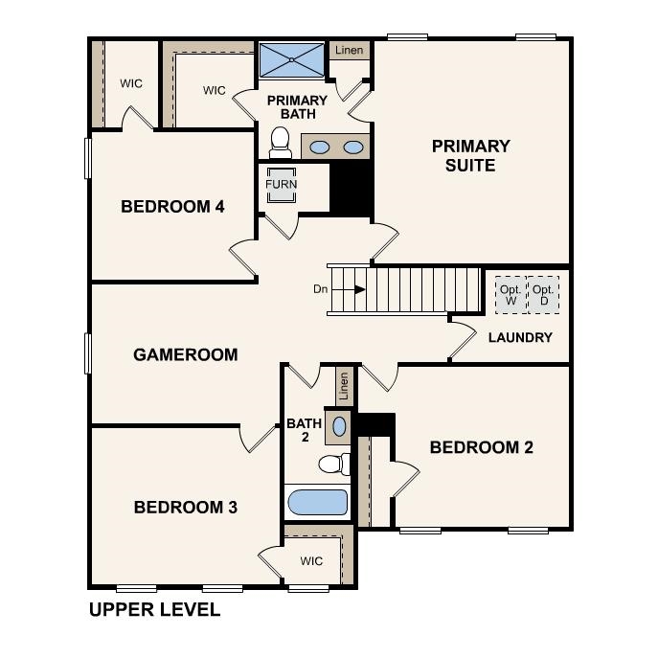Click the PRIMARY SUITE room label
coord(470,156)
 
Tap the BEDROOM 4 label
coord(172,206)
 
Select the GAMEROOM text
coord(185,354)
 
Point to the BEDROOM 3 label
coord(185,507)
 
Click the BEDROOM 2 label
coord(481,447)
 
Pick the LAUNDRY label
coord(520,337)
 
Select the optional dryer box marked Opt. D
coord(542,294)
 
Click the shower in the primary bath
coord(292,60)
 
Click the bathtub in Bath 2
coord(317,502)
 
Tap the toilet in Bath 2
coord(331,465)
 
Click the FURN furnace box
coord(282,184)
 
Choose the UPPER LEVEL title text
coord(154,609)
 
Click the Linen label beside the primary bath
coord(349,50)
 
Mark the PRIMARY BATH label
coord(297,107)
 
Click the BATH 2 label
coord(304,430)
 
